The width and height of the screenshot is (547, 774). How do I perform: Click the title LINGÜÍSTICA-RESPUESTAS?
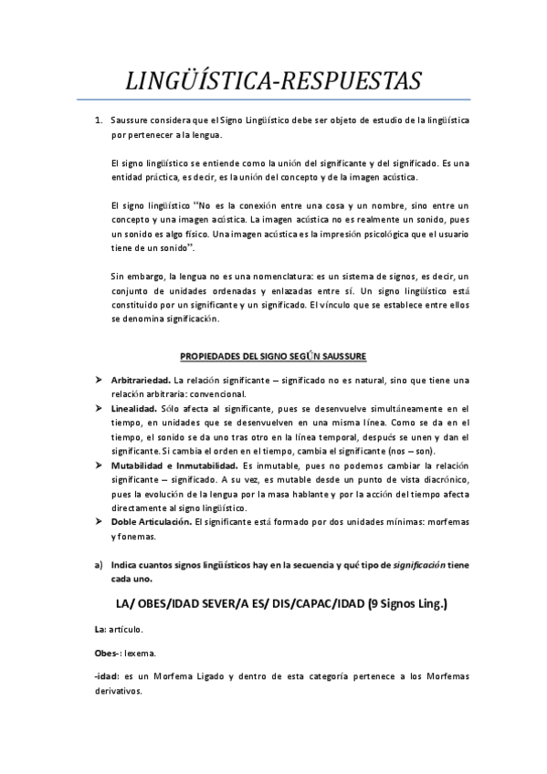click(x=274, y=81)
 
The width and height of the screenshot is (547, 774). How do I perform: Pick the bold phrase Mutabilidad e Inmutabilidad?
click(x=174, y=465)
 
